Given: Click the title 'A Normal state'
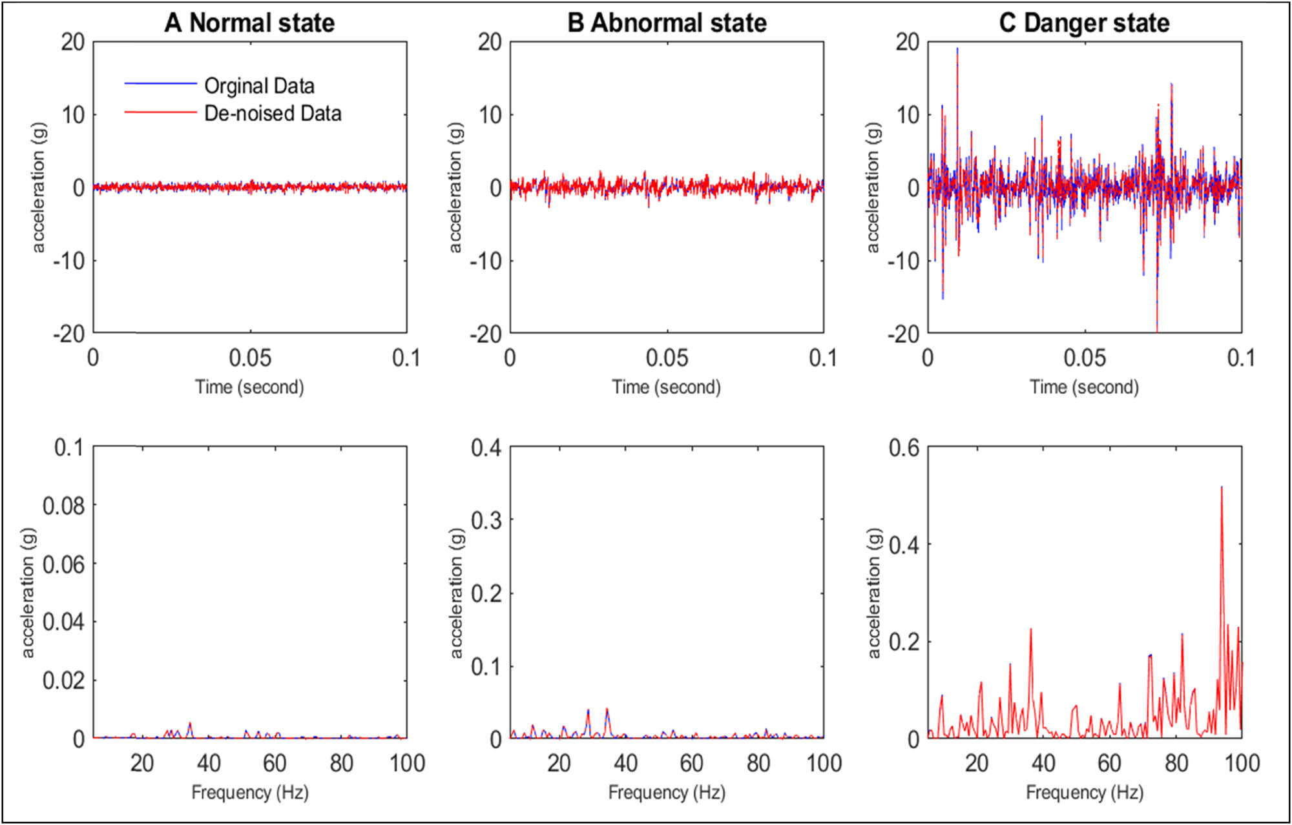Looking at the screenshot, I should coord(249,23).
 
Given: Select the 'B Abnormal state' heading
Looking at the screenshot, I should coord(667,23).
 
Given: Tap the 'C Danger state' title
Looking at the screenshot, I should coord(1084,23).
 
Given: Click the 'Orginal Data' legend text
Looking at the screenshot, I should coord(259,86).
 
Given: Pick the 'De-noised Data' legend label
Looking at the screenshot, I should coord(273,114).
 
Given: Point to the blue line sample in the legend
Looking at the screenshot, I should coord(160,84).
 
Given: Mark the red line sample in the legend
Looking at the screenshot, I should coord(160,112).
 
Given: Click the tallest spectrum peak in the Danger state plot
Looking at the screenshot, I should coord(1221,488).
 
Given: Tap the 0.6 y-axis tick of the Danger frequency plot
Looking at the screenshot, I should coord(904,447).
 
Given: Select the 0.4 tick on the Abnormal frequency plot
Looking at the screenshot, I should coord(486,447).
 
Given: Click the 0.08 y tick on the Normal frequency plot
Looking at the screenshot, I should coord(63,506).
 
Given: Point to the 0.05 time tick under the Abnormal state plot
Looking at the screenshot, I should coord(667,358).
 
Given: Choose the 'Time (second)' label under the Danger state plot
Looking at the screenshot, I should coord(1084,387).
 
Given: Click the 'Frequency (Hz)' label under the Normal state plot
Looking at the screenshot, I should coord(249,792).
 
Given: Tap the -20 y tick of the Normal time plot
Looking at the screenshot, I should coord(68,334).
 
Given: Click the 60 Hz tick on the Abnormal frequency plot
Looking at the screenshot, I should coord(691,764).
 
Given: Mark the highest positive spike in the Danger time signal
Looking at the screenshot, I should coord(957,49).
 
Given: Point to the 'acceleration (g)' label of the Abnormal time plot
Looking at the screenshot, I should coord(455,187).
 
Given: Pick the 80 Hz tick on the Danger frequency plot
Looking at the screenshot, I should coord(1176,764).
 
